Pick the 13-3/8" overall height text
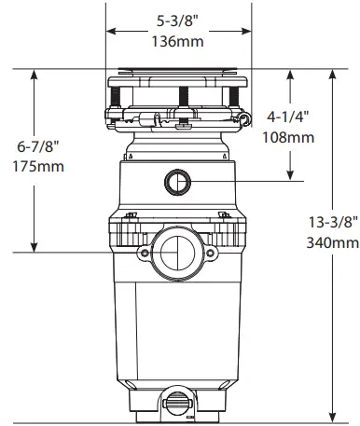tap(333, 223)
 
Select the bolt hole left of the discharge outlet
tap(142, 253)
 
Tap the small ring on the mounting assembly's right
tap(245, 117)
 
